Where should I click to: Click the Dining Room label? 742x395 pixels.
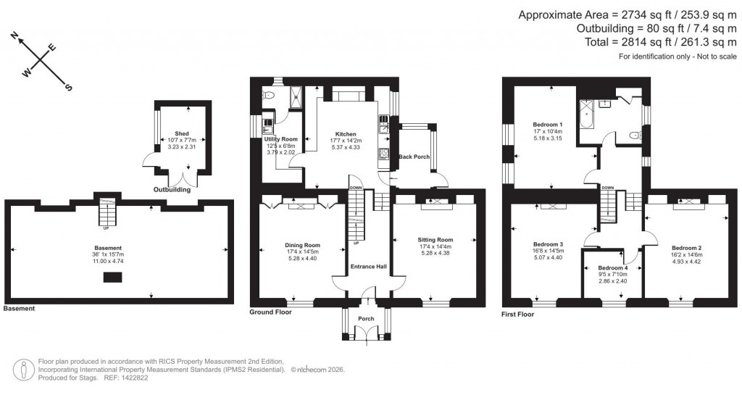click(x=302, y=245)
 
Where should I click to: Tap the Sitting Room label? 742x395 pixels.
click(x=435, y=240)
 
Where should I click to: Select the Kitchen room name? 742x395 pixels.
click(x=345, y=134)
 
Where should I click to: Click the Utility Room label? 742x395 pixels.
click(x=280, y=138)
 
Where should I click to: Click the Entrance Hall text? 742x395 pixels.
click(x=368, y=267)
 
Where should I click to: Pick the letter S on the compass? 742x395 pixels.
click(x=69, y=88)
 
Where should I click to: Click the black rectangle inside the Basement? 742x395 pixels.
click(x=112, y=277)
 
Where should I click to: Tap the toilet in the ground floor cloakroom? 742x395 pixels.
click(x=269, y=96)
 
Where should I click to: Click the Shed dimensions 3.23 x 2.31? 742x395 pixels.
click(x=181, y=147)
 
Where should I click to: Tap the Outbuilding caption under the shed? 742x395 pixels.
click(x=172, y=190)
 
